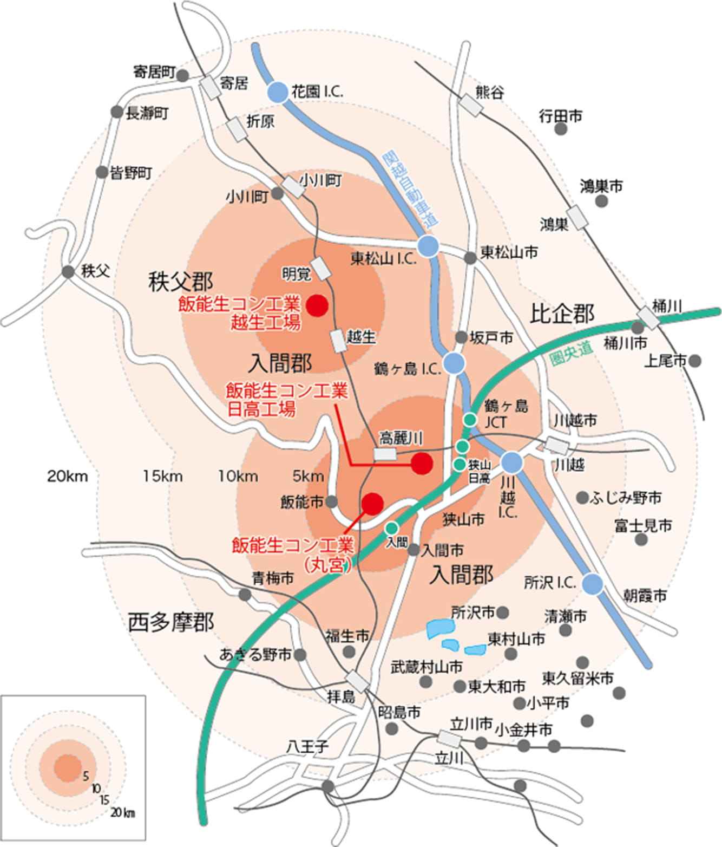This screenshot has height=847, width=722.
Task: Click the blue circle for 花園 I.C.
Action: point(278,93)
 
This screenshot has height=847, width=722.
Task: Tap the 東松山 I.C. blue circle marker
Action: point(428,246)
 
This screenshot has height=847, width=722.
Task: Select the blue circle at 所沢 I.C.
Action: point(593,583)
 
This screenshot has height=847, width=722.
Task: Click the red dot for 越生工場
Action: point(318,305)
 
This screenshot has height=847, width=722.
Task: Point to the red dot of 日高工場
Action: point(422,464)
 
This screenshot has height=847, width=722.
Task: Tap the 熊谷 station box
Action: point(470,105)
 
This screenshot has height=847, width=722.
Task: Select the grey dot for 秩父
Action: point(68,272)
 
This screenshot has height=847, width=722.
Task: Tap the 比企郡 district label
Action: point(562,313)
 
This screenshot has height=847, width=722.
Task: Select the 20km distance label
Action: point(67,477)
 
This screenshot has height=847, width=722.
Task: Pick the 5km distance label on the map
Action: point(308,477)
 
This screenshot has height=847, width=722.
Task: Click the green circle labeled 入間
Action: point(392,527)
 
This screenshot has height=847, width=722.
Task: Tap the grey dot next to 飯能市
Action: point(332,501)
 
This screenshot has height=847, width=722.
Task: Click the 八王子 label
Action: point(307,747)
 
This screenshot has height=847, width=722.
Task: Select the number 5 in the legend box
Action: point(86,776)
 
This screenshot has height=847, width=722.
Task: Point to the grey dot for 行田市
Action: point(561,129)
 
